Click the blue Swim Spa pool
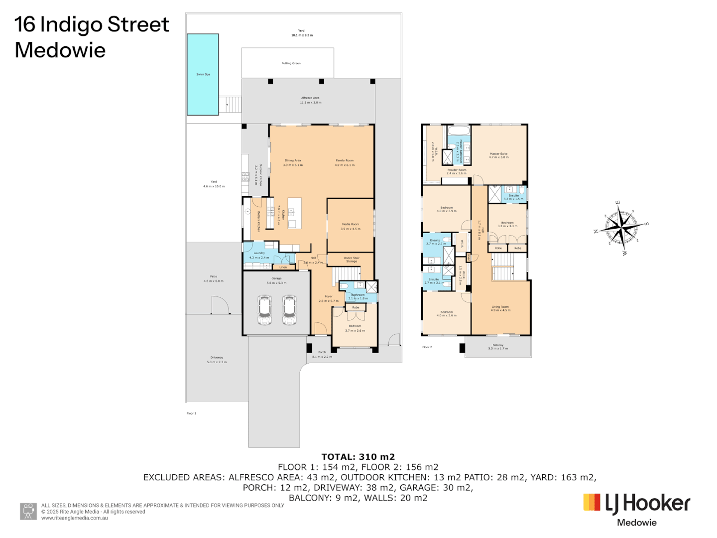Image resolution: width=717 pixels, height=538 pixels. point(203,75)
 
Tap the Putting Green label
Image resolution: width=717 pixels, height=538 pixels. point(291,63)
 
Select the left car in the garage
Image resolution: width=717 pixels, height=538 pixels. point(264,310)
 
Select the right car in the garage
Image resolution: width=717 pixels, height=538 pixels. point(289,310)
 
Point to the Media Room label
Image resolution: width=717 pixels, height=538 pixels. point(350,224)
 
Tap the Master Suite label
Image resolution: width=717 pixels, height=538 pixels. point(498,154)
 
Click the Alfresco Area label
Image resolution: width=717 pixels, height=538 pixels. point(310,98)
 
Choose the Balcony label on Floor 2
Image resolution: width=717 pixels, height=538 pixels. point(498,345)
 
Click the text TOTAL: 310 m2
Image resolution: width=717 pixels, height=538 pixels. point(358,457)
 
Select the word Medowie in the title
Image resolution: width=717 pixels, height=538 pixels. point(60,50)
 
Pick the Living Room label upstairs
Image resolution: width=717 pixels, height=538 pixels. point(500,307)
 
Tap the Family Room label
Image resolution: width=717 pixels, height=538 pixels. point(345,160)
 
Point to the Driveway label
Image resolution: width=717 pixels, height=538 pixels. point(217,357)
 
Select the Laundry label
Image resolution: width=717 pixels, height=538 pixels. point(259,253)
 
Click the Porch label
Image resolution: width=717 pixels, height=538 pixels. point(322,352)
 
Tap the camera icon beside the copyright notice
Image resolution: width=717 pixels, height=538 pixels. point(28,511)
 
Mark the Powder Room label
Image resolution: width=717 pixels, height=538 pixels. point(457,170)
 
